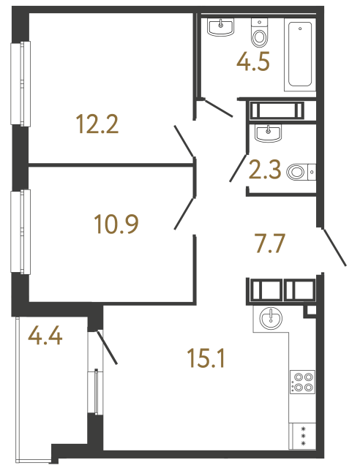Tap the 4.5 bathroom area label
coord(253,61)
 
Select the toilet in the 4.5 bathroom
coord(260,32)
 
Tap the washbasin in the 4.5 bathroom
coord(220,28)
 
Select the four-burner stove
coord(302,382)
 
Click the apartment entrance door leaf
coord(334,247)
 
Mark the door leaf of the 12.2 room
coord(185,142)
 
